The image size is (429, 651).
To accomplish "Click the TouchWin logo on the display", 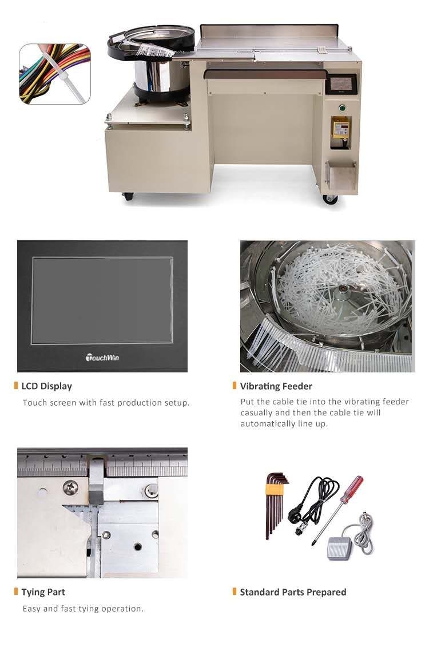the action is (x=102, y=358).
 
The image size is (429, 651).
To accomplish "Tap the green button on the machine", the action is (x=342, y=108).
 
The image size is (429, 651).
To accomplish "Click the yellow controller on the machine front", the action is (x=340, y=127).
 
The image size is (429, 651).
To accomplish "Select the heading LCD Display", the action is (x=46, y=386).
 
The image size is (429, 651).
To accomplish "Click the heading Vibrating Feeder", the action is (x=276, y=386).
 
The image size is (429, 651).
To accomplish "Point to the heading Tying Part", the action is (x=43, y=592).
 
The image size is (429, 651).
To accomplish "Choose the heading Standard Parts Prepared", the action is (x=293, y=592).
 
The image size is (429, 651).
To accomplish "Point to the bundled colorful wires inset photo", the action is (x=55, y=74).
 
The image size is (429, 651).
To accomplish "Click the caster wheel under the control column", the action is (x=330, y=199).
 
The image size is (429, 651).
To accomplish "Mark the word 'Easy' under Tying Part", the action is (x=31, y=609).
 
